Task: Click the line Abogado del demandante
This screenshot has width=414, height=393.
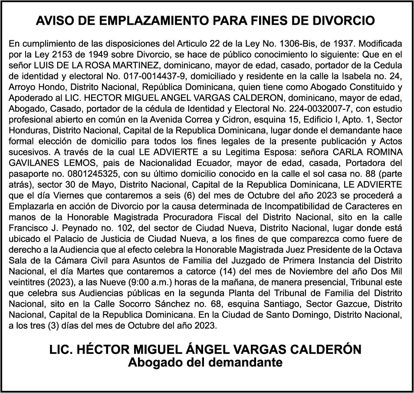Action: click(x=205, y=362)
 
